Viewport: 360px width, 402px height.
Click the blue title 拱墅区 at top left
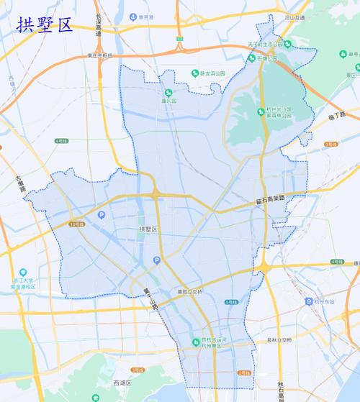pyautogui.click(x=45, y=25)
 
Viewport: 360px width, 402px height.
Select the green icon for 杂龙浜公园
pyautogui.click(x=195, y=73)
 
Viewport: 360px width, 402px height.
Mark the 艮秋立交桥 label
pyautogui.click(x=277, y=339)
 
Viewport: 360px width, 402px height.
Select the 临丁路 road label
pyautogui.click(x=336, y=116)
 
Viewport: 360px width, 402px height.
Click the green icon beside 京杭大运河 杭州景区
pyautogui.click(x=195, y=342)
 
